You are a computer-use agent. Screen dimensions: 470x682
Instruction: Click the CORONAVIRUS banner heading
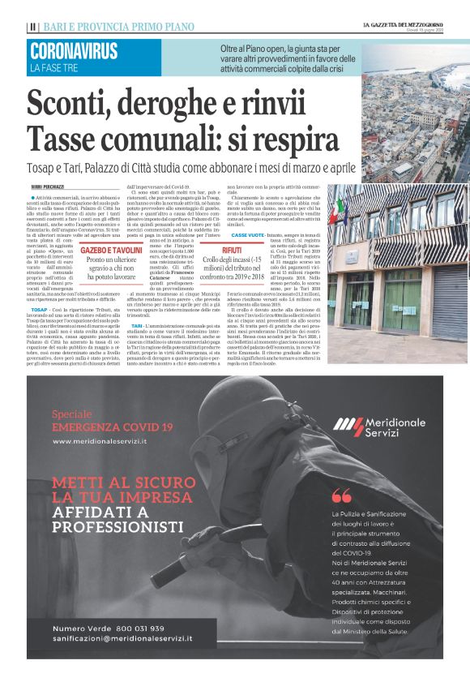[73, 50]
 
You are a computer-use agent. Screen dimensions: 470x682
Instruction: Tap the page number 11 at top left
[32, 27]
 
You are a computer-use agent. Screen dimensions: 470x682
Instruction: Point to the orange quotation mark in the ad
[341, 495]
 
